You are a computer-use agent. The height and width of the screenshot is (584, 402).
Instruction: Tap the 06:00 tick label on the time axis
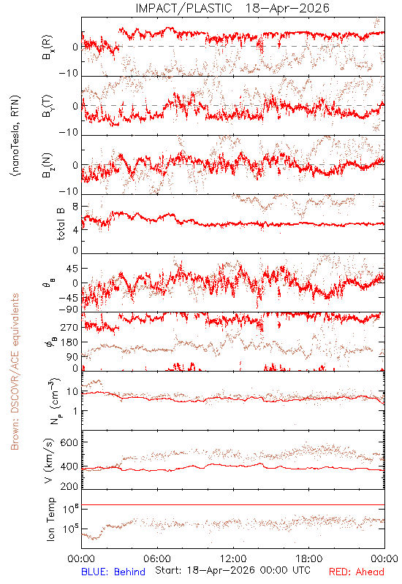tap(157, 558)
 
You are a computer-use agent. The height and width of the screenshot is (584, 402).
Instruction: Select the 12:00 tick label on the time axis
tap(233, 558)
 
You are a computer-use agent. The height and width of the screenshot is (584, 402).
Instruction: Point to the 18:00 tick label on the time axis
tap(309, 558)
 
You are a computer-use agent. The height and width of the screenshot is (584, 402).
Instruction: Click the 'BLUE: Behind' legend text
tap(113, 572)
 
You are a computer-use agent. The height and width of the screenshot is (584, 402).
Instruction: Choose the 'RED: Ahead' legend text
tap(356, 572)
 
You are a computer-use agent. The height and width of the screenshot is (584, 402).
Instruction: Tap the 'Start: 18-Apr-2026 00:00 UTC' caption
tap(232, 570)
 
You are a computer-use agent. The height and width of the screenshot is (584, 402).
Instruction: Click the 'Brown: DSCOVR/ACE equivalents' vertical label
tap(15, 372)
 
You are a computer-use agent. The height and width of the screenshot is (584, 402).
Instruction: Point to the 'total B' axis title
tap(61, 224)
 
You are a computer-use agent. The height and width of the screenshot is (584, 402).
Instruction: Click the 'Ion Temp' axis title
tap(50, 519)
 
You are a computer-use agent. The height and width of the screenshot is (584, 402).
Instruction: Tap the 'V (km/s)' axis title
tap(49, 461)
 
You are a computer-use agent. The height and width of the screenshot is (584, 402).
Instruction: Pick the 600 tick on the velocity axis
tap(69, 442)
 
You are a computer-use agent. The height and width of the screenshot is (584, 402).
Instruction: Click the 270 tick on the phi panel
tap(69, 327)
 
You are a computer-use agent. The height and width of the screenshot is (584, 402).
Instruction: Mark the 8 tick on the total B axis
tap(75, 207)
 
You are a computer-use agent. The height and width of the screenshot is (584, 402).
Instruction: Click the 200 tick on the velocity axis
tap(69, 486)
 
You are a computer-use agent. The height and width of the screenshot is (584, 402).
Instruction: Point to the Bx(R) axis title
tap(48, 47)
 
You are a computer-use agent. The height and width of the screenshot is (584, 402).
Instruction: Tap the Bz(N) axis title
tap(48, 165)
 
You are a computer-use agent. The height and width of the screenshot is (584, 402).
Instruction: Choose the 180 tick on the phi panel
tap(69, 342)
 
